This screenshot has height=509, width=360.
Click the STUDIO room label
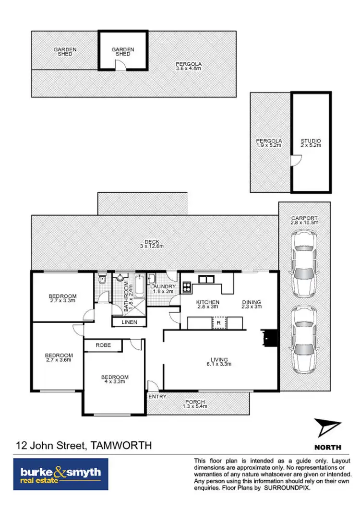point(311,141)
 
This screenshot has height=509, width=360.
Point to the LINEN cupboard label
point(129,322)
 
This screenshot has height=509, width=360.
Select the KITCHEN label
point(207,302)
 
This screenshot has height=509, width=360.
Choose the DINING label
point(252,302)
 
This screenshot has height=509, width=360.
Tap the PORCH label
point(195,402)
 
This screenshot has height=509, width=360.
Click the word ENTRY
point(157,397)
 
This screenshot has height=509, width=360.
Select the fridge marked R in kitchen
point(219,323)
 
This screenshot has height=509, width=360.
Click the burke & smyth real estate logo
point(60,473)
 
